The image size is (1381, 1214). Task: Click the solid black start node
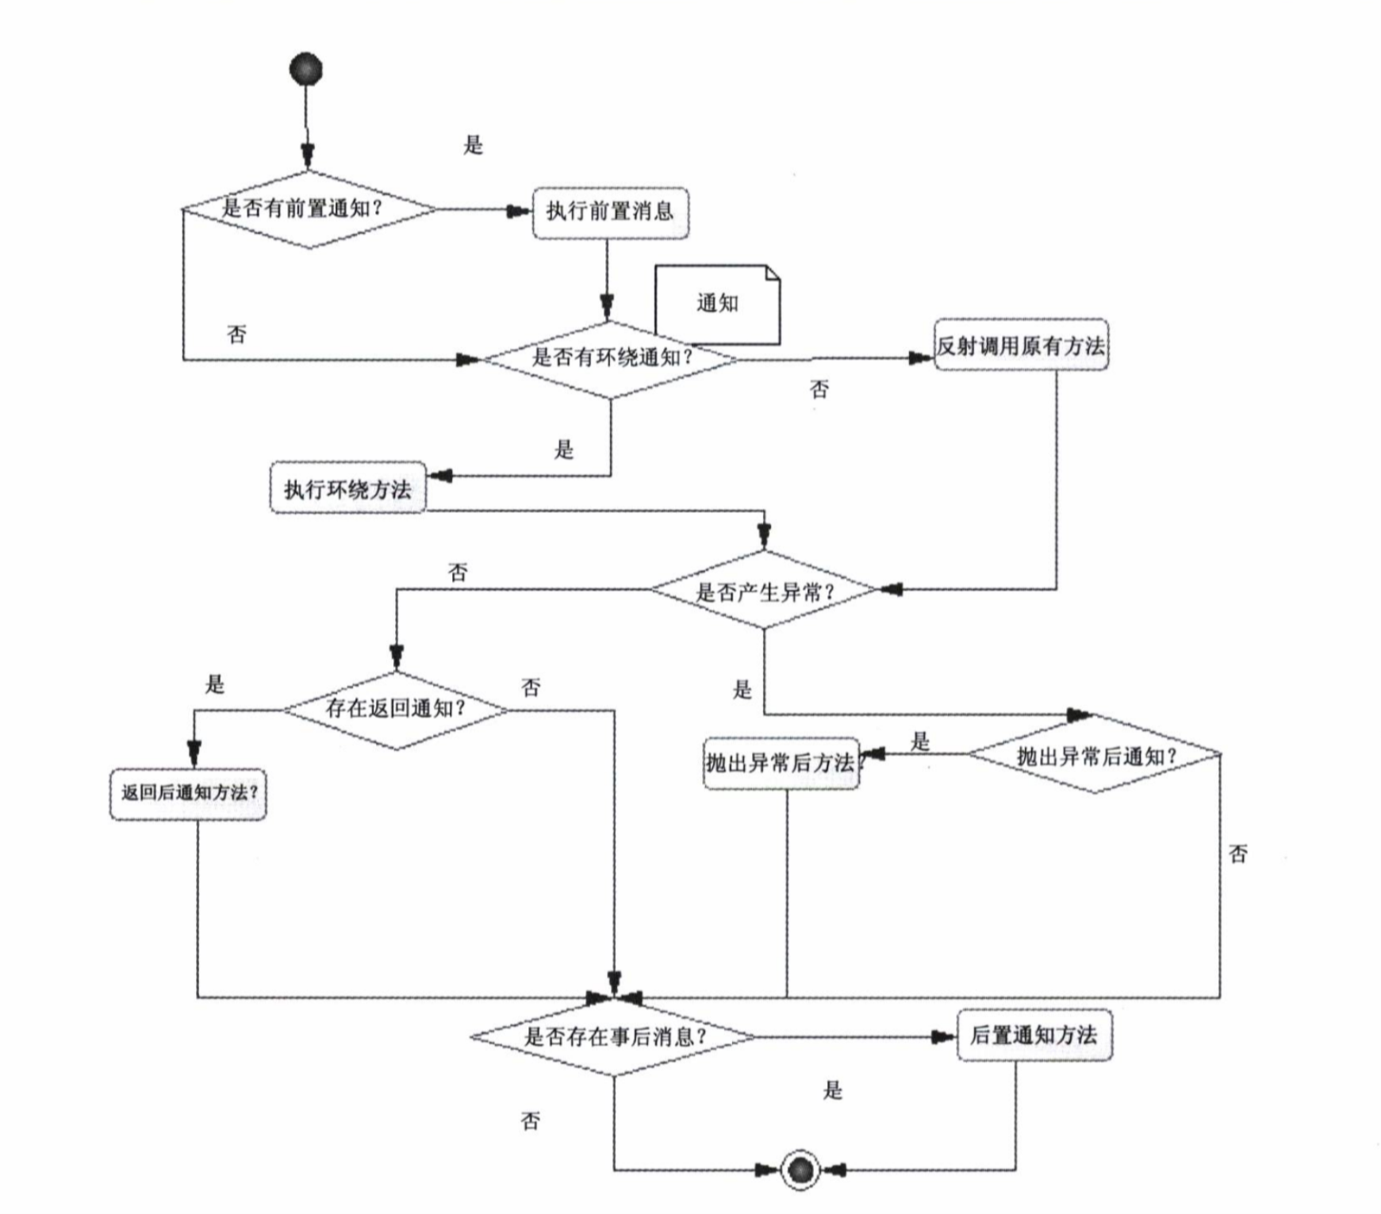pyautogui.click(x=306, y=69)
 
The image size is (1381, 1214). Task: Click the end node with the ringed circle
pyautogui.click(x=800, y=1170)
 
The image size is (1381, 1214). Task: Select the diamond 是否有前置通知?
pyautogui.click(x=309, y=209)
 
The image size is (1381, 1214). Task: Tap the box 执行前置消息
pyautogui.click(x=610, y=213)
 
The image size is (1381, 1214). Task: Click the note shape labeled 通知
pyautogui.click(x=717, y=303)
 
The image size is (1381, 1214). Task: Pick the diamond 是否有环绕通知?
pyautogui.click(x=610, y=358)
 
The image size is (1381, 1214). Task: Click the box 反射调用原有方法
pyautogui.click(x=1020, y=346)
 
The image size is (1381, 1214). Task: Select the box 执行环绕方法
pyautogui.click(x=347, y=488)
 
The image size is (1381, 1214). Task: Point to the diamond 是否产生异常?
pyautogui.click(x=764, y=591)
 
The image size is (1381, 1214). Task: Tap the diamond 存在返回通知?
pyautogui.click(x=396, y=709)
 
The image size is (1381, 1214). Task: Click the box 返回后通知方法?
pyautogui.click(x=189, y=793)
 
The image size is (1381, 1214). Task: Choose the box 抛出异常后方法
pyautogui.click(x=781, y=763)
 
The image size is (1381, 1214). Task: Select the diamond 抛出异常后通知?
pyautogui.click(x=1095, y=756)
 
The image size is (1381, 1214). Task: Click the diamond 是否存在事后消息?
pyautogui.click(x=613, y=1036)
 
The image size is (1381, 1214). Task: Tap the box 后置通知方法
pyautogui.click(x=1034, y=1035)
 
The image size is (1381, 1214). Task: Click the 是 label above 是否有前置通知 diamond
pyautogui.click(x=473, y=145)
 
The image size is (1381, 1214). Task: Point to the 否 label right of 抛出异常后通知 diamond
pyautogui.click(x=1237, y=854)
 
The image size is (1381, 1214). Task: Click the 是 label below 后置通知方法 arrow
pyautogui.click(x=832, y=1090)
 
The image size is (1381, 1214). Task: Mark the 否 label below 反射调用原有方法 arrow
pyautogui.click(x=819, y=389)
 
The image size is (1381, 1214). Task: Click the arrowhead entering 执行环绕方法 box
pyautogui.click(x=440, y=476)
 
